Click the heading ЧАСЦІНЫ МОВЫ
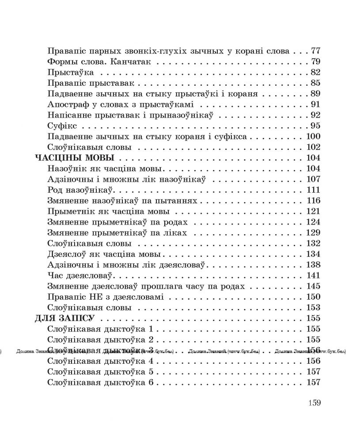[x=75, y=158]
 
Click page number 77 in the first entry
[x=315, y=51]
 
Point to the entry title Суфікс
[x=59, y=126]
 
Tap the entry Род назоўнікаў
[x=80, y=190]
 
